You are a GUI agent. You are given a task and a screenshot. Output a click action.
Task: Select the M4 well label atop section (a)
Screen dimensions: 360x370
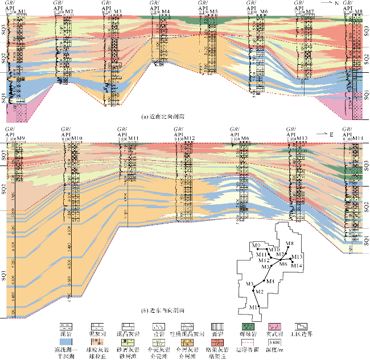point(165,12)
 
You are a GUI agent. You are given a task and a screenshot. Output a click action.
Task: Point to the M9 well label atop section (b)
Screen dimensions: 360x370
point(22,138)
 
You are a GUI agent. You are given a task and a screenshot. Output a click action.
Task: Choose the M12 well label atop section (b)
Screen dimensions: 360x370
point(190,138)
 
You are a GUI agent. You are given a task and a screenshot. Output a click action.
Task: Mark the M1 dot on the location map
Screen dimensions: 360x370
point(260,307)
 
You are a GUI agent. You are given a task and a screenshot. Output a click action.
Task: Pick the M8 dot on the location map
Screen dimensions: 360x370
point(287,248)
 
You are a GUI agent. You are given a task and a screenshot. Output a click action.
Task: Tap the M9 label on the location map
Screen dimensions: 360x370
point(256,245)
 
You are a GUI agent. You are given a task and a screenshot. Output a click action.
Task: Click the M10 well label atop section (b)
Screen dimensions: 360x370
point(77,138)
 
